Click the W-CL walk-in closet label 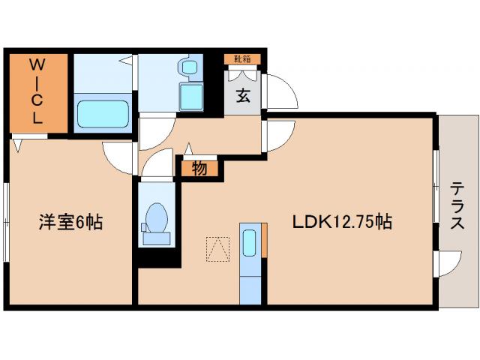point(37,91)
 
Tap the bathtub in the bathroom point(104,112)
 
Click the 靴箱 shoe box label point(241,58)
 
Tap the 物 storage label point(199,169)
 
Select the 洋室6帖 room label point(71,222)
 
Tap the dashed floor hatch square point(218,247)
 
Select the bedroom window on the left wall point(6,218)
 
